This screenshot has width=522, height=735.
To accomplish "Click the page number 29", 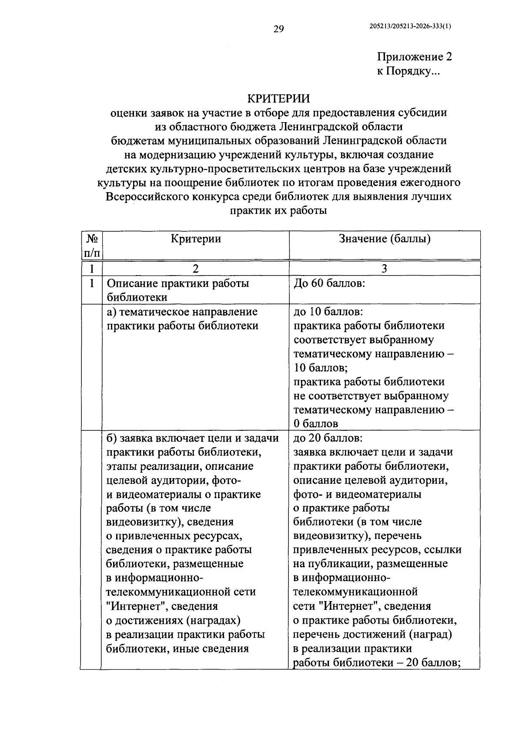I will [278, 29].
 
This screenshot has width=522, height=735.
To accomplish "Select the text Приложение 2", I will [414, 57].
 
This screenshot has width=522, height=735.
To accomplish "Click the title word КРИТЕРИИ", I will [278, 99].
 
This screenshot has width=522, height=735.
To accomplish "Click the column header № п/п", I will [91, 245].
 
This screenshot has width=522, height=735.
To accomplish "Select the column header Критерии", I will [195, 239].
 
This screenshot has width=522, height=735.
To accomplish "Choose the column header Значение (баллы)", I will [385, 239].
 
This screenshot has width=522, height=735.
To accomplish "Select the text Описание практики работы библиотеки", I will [178, 290].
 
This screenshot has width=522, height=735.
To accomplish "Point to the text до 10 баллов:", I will [328, 312].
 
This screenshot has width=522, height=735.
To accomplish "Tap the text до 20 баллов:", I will [328, 438].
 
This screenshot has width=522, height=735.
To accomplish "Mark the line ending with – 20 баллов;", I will [377, 662].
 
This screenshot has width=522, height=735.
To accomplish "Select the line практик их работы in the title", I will [278, 211].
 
